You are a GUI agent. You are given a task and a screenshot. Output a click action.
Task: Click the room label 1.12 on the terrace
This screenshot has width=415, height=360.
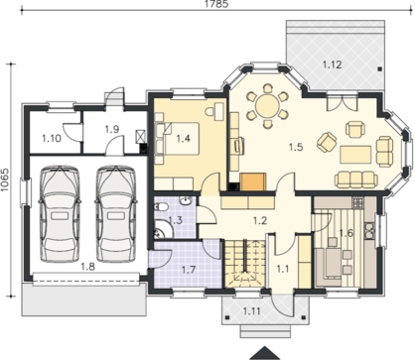tap(332, 64)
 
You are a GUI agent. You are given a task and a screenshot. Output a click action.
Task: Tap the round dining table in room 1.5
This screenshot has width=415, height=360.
tap(268, 106)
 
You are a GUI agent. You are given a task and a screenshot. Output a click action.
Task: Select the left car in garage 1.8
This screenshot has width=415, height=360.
tap(60, 214)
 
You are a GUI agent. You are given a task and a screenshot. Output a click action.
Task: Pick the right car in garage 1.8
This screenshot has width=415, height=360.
tap(116, 214)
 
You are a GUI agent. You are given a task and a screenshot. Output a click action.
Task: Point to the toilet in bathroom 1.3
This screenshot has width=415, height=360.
tap(162, 207)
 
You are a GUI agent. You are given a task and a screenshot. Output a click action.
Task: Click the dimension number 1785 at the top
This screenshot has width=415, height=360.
tap(216, 4)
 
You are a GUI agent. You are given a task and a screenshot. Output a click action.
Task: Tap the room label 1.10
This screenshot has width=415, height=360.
tap(52, 138)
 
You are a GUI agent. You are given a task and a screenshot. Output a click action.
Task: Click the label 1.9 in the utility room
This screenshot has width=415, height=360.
tap(112, 129)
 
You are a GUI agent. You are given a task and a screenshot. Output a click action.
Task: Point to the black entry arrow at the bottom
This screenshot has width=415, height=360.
tap(264, 353)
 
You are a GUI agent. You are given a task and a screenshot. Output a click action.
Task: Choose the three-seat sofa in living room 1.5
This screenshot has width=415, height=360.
tap(356, 180)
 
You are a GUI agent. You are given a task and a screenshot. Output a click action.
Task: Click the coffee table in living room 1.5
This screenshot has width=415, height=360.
tap(355, 155)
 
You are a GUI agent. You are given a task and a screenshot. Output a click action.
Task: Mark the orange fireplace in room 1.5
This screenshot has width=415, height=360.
tap(253, 182)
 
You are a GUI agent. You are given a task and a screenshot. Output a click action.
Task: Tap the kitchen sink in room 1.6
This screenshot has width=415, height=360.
tap(369, 230)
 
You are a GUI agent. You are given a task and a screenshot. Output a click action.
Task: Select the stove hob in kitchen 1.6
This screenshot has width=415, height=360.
tap(357, 202)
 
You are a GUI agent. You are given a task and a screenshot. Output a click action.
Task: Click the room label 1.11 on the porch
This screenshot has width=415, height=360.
tap(252, 311)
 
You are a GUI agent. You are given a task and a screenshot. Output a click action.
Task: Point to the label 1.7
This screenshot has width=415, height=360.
tap(189, 270)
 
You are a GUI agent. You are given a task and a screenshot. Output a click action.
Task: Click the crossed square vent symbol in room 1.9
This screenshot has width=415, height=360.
tap(141, 136)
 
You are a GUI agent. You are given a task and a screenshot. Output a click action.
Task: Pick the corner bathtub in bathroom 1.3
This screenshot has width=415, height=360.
tap(162, 229)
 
